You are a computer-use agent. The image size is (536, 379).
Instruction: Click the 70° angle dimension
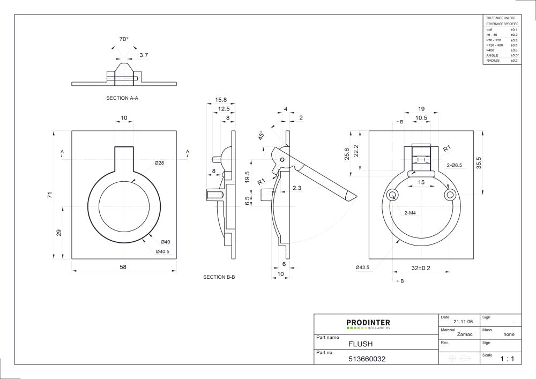coord(124,39)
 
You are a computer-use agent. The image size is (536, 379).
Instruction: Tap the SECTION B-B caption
coord(219,277)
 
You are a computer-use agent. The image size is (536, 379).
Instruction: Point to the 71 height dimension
coord(50,195)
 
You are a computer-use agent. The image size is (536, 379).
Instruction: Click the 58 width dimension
coord(124,266)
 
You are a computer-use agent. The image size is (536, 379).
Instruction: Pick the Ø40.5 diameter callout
coord(162,251)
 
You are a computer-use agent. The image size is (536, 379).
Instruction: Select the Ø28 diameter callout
coord(159,162)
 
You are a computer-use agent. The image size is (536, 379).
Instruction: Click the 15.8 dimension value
coord(221,100)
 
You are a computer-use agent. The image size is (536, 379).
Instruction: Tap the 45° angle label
coord(262,135)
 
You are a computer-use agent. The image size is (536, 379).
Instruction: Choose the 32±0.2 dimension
coord(420,267)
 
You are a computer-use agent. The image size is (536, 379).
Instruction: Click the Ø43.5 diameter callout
coord(362,267)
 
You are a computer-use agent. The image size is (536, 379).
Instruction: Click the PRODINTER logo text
coord(368,322)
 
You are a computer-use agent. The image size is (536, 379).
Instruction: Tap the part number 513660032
coord(367,359)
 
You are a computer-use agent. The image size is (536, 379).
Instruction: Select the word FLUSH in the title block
coord(360,344)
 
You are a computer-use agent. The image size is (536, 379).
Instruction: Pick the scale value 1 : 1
coord(507,359)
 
